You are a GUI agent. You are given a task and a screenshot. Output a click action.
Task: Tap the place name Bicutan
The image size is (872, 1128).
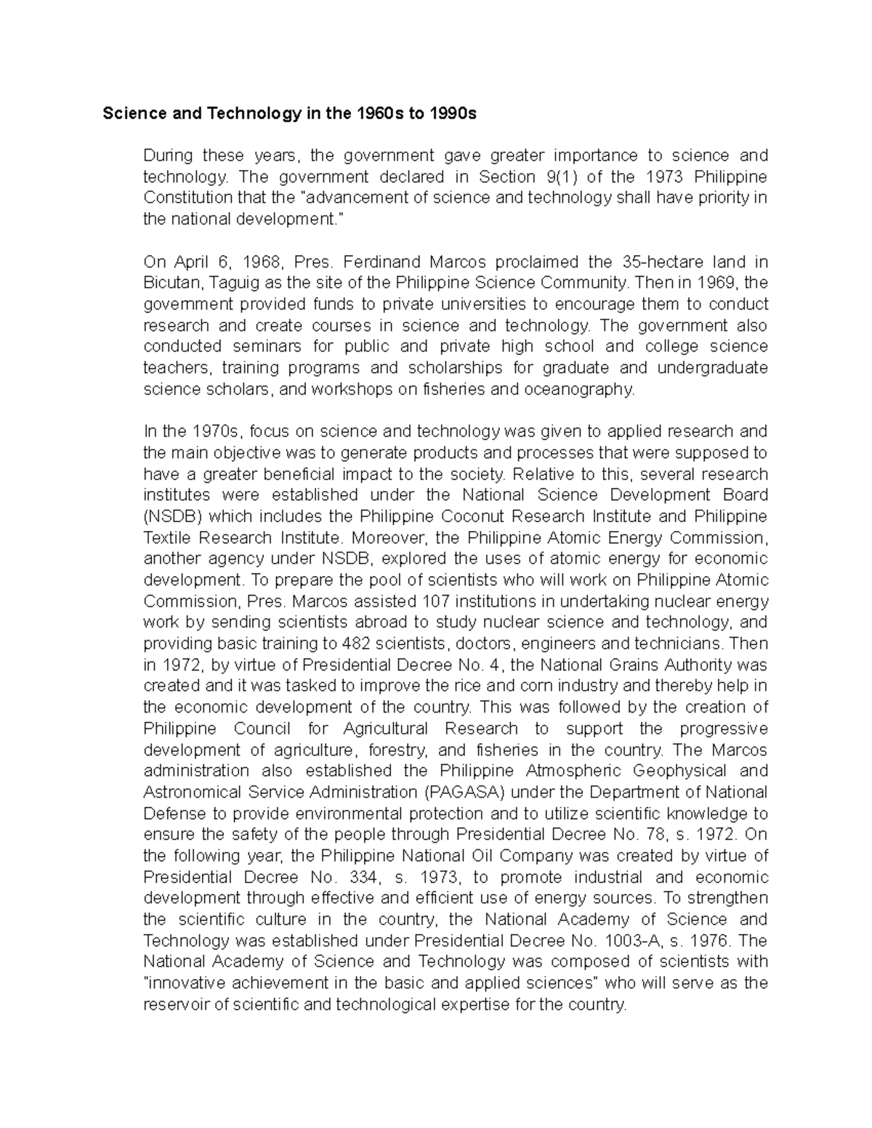tap(171, 283)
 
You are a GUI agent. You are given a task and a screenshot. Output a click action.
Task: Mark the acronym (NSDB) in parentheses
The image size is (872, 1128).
tap(175, 516)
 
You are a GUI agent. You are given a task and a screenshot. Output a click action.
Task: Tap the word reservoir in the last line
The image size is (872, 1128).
tap(176, 1005)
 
